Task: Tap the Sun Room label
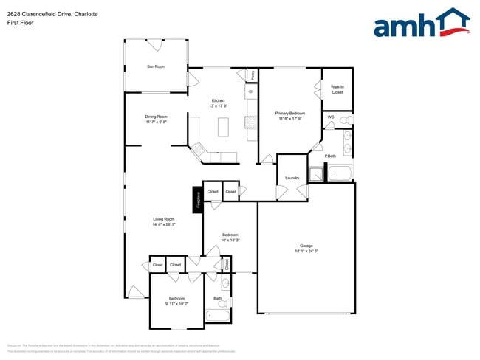[156, 66]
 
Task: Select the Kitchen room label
[218, 100]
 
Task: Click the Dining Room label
[156, 117]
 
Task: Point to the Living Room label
[163, 219]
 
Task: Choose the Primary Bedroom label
[290, 113]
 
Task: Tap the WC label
[330, 117]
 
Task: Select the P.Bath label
[330, 155]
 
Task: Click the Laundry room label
[291, 178]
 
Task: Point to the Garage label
[306, 246]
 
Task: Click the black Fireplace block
[197, 199]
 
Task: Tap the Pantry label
[252, 75]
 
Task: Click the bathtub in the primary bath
[341, 175]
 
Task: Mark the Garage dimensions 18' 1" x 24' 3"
[306, 252]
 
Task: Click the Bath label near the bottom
[217, 298]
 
